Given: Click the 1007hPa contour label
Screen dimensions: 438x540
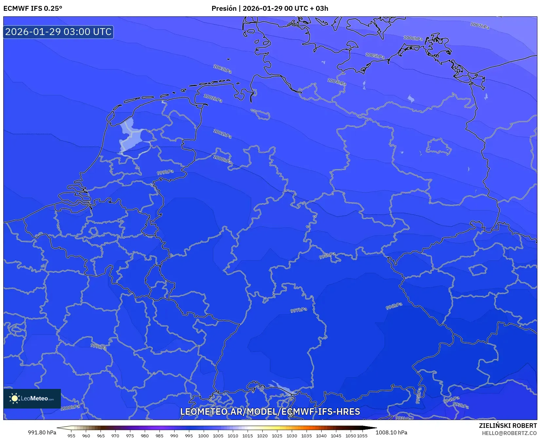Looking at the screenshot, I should coord(480,26).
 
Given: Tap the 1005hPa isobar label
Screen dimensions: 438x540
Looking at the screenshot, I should coord(375,56).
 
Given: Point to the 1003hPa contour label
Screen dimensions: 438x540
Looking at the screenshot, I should coord(222,69).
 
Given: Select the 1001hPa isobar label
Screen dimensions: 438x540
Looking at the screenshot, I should coord(222,134).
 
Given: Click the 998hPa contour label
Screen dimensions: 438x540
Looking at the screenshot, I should coord(327,255).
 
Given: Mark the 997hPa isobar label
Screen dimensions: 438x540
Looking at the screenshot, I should coord(299,310).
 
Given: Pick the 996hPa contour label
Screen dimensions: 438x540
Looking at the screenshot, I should coord(394,306).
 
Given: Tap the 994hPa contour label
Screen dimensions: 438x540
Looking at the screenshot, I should coord(451,399).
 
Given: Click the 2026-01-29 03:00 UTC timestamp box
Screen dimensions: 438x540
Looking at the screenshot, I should coord(58,32).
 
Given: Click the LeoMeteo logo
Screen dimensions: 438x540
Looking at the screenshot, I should coord(32,398).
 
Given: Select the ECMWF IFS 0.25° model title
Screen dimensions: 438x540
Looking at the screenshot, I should coord(33,9).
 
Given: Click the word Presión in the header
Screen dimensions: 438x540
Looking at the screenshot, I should coord(224,9).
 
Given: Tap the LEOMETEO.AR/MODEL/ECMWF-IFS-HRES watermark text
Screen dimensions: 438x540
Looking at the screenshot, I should coord(270,411).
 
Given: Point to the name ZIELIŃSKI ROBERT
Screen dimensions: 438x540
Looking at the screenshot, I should coord(508,426).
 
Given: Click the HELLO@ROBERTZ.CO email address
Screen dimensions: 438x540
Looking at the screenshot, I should coord(509,433).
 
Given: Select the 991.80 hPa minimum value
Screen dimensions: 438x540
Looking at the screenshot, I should coord(42,432).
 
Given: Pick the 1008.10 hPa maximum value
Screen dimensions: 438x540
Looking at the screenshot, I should coord(391,432).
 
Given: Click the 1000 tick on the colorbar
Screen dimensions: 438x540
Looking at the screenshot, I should coord(203,435).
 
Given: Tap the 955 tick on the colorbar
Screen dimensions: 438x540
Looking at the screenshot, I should coord(71,435).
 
